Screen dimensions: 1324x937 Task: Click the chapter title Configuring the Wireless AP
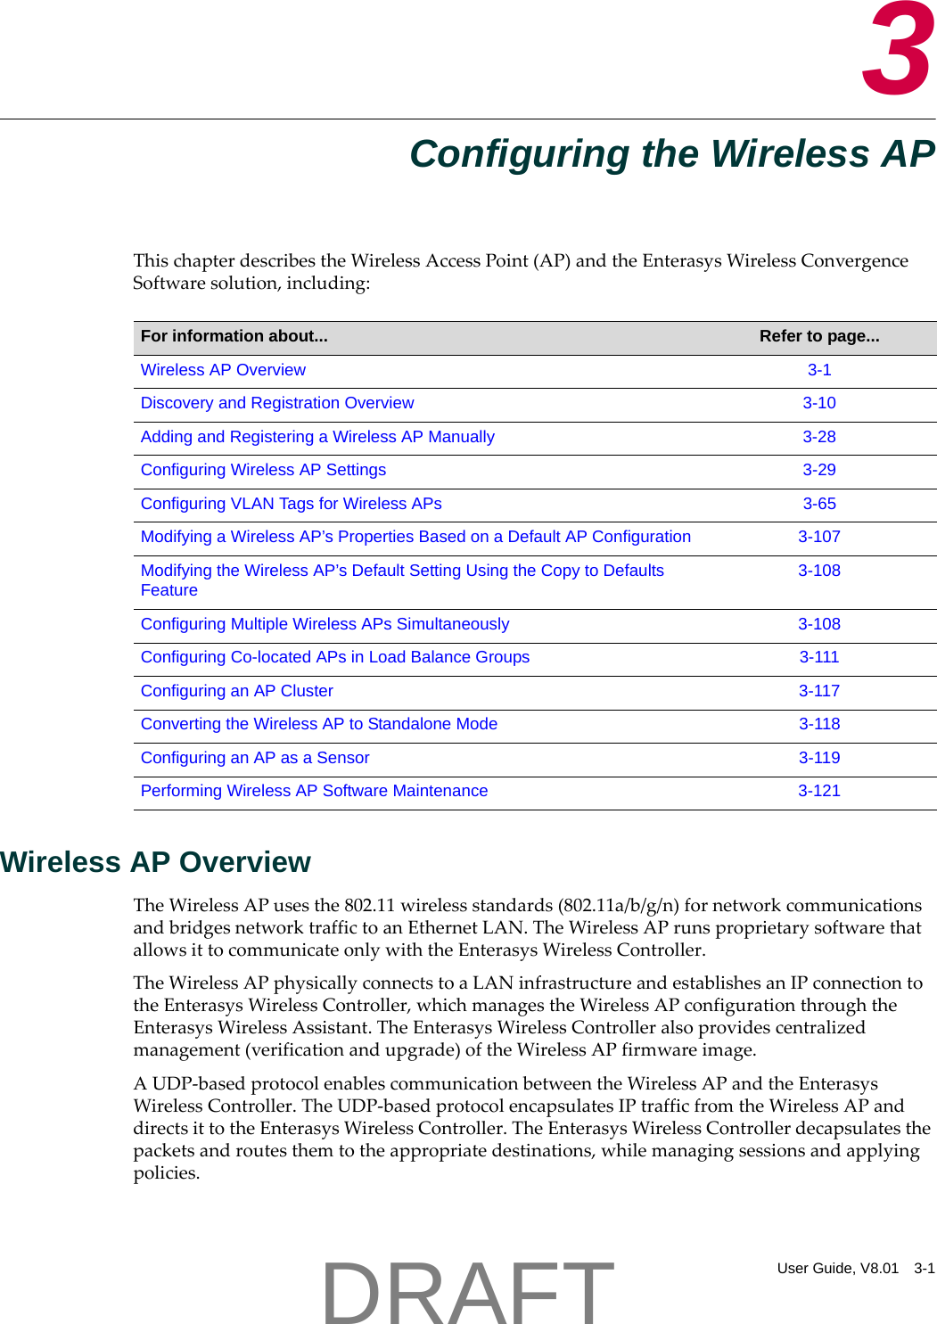pyautogui.click(x=672, y=153)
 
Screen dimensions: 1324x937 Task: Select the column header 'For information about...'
pyautogui.click(x=234, y=336)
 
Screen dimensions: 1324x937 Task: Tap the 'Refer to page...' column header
pyautogui.click(x=818, y=336)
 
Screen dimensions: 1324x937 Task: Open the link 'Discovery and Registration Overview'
pyautogui.click(x=277, y=403)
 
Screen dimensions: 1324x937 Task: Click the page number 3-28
pyautogui.click(x=818, y=437)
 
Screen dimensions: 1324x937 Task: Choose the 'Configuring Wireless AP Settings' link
pyautogui.click(x=263, y=470)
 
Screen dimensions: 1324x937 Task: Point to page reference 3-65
pyautogui.click(x=818, y=504)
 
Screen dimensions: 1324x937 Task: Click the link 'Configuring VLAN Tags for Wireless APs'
pyautogui.click(x=291, y=504)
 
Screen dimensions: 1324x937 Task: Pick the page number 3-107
pyautogui.click(x=818, y=537)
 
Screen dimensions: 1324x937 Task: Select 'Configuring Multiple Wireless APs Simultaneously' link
pyautogui.click(x=325, y=624)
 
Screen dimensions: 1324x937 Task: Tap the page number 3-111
pyautogui.click(x=818, y=657)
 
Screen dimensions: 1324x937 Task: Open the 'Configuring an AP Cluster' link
pyautogui.click(x=236, y=691)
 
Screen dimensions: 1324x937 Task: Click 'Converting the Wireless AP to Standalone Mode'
pyautogui.click(x=318, y=724)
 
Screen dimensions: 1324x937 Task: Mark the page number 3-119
pyautogui.click(x=818, y=758)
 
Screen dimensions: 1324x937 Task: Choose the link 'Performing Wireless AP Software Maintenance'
pyautogui.click(x=314, y=791)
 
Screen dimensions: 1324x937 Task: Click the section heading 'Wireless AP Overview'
pyautogui.click(x=155, y=862)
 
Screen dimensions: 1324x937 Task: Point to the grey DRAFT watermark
pyautogui.click(x=467, y=1291)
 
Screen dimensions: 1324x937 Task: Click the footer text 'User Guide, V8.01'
pyautogui.click(x=837, y=1268)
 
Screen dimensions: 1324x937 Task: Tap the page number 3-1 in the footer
pyautogui.click(x=924, y=1268)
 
